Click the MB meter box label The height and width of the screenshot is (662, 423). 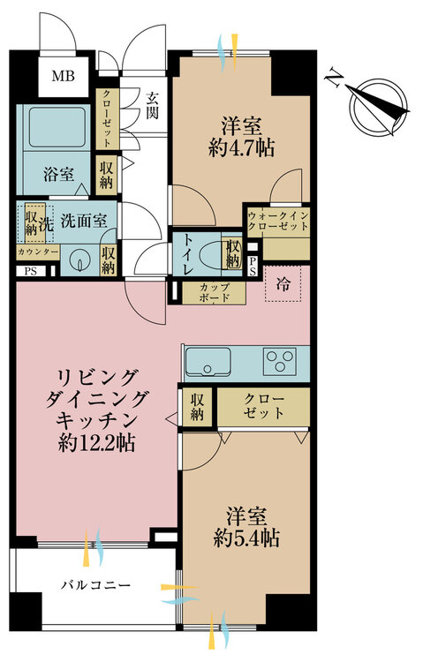click(x=64, y=77)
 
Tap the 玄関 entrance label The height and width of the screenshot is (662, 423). click(x=153, y=105)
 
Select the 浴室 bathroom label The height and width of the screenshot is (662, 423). click(x=59, y=175)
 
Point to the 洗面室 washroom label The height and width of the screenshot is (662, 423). click(x=84, y=221)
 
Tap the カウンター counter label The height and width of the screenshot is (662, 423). click(x=38, y=252)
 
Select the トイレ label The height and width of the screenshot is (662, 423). click(x=188, y=253)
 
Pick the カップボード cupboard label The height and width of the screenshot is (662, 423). click(x=215, y=292)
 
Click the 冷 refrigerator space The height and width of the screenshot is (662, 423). click(x=283, y=284)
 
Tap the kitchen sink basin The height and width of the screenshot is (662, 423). click(x=208, y=361)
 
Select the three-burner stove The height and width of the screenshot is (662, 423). click(x=279, y=361)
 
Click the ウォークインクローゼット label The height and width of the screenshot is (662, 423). click(x=278, y=221)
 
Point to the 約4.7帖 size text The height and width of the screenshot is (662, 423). click(x=241, y=148)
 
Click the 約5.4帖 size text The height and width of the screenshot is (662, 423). click(x=245, y=538)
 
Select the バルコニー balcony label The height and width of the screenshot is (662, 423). click(x=95, y=585)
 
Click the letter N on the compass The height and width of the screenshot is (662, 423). click(x=334, y=77)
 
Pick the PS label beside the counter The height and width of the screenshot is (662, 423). click(x=30, y=272)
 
